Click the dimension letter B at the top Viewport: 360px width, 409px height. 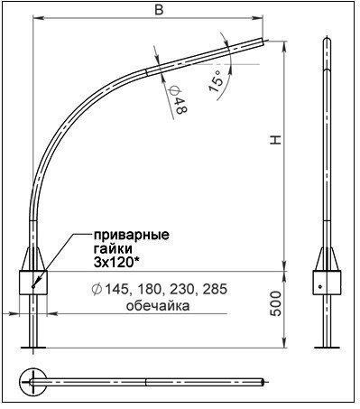coord(159,10)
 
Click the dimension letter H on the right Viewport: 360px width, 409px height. coord(275,140)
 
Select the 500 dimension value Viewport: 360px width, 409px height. coord(275,303)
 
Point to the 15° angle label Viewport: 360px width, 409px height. coord(216,79)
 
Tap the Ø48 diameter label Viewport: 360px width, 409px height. coord(178,99)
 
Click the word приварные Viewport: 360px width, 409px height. coord(132,236)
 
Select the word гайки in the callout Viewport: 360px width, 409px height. coord(113,249)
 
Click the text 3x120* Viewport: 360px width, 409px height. coord(117,263)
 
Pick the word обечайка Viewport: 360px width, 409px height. coord(158,306)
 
